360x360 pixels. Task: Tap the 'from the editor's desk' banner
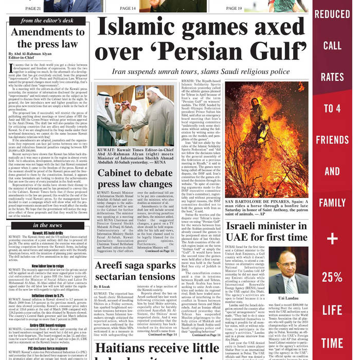[x=48, y=21]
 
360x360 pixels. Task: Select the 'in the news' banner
[x=48, y=225]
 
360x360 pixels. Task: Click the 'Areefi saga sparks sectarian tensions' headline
[x=135, y=271]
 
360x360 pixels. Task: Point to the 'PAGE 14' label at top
[x=128, y=8]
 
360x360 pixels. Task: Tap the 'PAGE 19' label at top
[x=233, y=8]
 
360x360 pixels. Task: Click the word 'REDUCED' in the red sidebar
[x=332, y=14]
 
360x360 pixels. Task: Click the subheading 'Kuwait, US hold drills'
[x=48, y=232]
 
